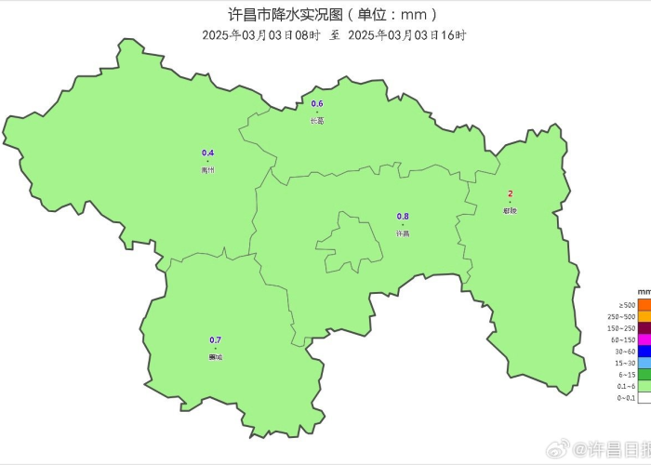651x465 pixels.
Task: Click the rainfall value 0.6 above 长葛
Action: point(317,103)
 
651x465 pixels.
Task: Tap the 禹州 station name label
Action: point(207,170)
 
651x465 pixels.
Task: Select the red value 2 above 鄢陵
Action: point(510,193)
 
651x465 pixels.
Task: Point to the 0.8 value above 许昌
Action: point(403,216)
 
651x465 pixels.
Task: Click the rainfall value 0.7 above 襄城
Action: point(216,339)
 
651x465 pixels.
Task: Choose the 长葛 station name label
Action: point(317,121)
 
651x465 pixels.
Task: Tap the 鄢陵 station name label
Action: point(510,210)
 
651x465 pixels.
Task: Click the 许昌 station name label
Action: point(403,233)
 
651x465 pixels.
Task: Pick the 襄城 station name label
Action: point(216,357)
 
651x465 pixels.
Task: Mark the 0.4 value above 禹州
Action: point(207,153)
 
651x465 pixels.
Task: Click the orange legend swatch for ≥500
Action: point(644,305)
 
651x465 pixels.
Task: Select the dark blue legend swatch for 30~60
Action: point(644,352)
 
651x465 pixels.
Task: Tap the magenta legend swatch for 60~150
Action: point(644,340)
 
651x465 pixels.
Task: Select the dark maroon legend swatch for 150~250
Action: point(644,328)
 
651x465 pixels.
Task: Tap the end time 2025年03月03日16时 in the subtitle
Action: point(406,35)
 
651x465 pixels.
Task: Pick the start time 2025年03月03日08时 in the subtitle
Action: point(260,35)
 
